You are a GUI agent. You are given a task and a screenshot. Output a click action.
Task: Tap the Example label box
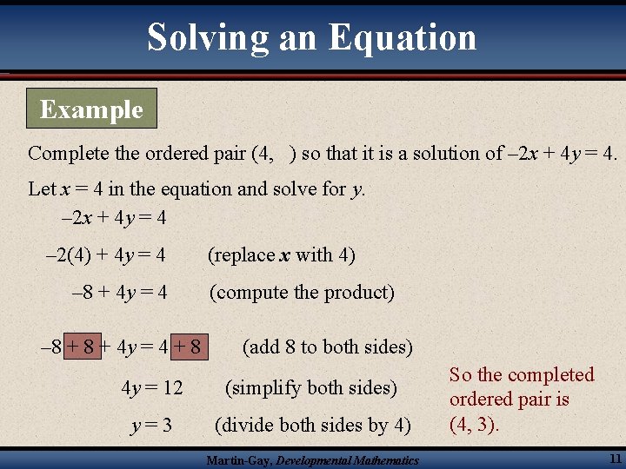tap(91, 109)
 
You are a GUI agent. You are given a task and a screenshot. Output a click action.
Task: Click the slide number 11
tap(615, 459)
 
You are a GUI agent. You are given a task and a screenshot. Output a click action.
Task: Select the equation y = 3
tap(151, 426)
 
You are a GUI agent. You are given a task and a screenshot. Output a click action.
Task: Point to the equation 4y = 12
tap(152, 387)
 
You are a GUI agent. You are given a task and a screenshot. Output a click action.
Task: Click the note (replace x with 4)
tap(281, 254)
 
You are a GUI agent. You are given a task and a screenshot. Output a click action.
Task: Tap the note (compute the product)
tap(301, 293)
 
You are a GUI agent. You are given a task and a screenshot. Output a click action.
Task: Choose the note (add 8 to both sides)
tap(327, 347)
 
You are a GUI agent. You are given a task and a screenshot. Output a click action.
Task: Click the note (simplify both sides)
tap(310, 387)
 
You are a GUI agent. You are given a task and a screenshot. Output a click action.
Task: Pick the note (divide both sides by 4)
tap(313, 426)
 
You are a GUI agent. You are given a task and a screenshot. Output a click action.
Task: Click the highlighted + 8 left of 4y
tap(82, 347)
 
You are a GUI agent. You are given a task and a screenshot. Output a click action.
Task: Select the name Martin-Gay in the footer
tap(237, 460)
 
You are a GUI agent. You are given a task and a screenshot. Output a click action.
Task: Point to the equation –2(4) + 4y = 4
tap(104, 254)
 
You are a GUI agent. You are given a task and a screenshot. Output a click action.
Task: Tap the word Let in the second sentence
tap(41, 188)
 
